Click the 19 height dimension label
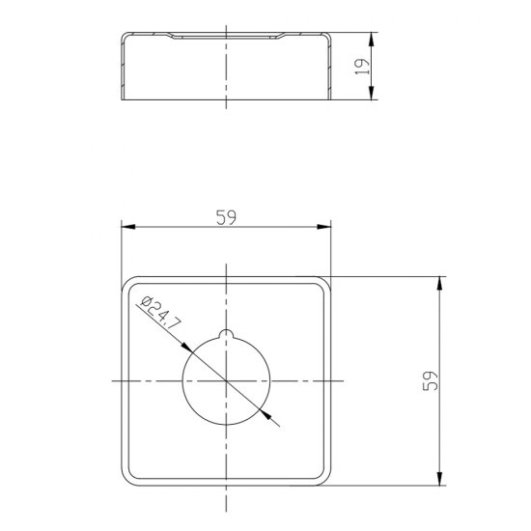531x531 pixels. click(x=362, y=67)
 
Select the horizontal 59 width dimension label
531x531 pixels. click(x=226, y=217)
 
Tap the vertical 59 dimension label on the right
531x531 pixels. click(x=431, y=381)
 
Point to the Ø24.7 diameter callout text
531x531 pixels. click(x=161, y=313)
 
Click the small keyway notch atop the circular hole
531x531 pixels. click(x=226, y=334)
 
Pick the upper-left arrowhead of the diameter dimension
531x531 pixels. click(x=186, y=348)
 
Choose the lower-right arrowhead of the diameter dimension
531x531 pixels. click(x=265, y=414)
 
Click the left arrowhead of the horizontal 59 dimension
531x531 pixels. click(x=128, y=227)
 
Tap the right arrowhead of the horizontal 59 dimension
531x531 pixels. click(x=324, y=227)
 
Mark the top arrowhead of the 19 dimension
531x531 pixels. click(x=372, y=40)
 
